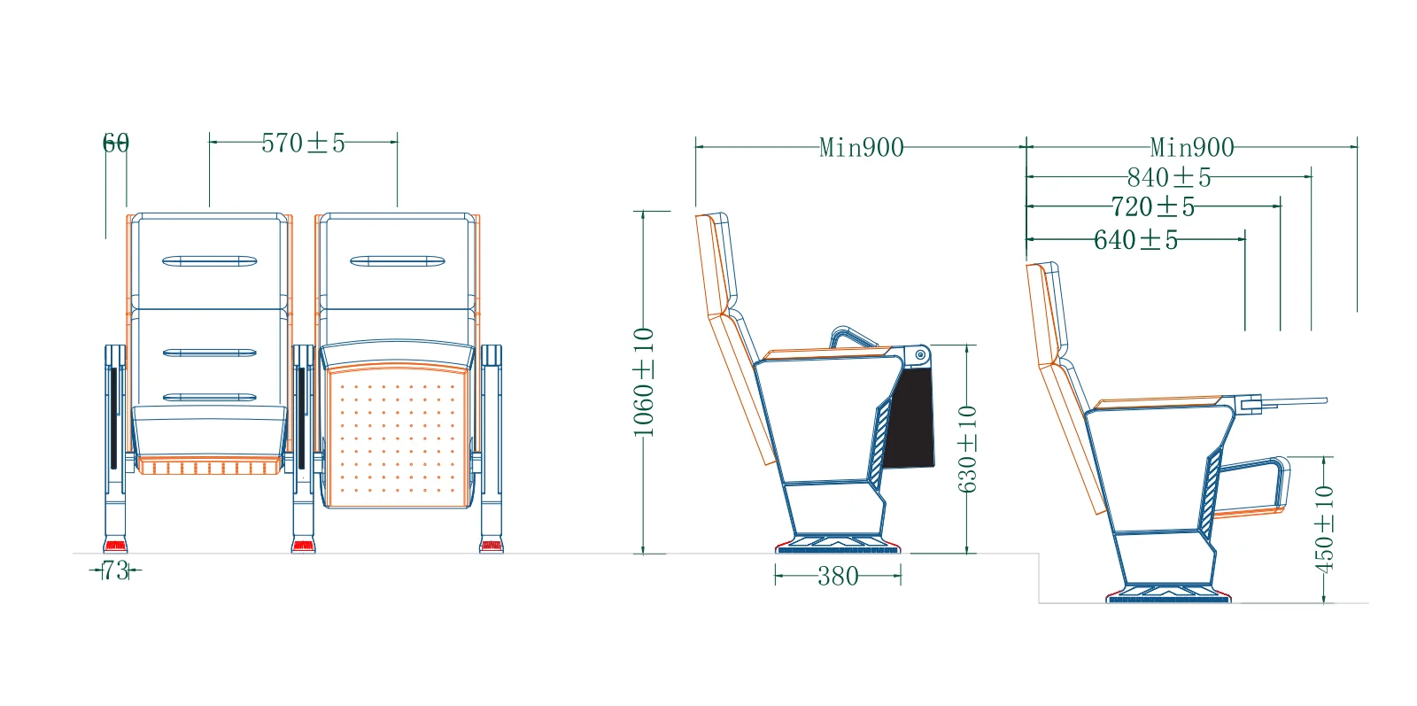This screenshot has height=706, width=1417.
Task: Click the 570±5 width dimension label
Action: [x=303, y=143]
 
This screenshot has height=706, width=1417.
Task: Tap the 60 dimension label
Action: [x=116, y=143]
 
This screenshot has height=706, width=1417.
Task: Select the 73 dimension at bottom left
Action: [x=115, y=570]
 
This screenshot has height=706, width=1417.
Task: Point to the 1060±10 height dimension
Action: [x=644, y=382]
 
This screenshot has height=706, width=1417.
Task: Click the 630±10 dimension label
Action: [x=967, y=448]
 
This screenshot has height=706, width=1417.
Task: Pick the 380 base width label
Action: [x=838, y=577]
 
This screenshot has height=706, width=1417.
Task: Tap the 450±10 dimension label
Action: [x=1324, y=528]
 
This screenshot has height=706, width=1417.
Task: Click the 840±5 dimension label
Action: [x=1169, y=177]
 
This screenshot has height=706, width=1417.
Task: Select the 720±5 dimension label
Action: [x=1153, y=207]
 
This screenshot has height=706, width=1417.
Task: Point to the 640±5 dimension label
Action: [x=1136, y=240]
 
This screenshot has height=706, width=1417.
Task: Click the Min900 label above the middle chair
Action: [x=862, y=147]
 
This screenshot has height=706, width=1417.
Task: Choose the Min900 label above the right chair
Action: [x=1192, y=147]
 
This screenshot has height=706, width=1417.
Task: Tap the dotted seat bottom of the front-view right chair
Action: [x=397, y=438]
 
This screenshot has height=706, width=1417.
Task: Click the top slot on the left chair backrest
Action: [x=210, y=261]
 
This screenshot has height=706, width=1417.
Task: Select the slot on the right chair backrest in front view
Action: [x=398, y=261]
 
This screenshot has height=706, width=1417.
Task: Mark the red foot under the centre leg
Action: [x=304, y=546]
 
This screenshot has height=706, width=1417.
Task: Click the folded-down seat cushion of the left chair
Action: [x=210, y=430]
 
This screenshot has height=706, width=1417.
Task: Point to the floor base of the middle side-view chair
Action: [x=840, y=544]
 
